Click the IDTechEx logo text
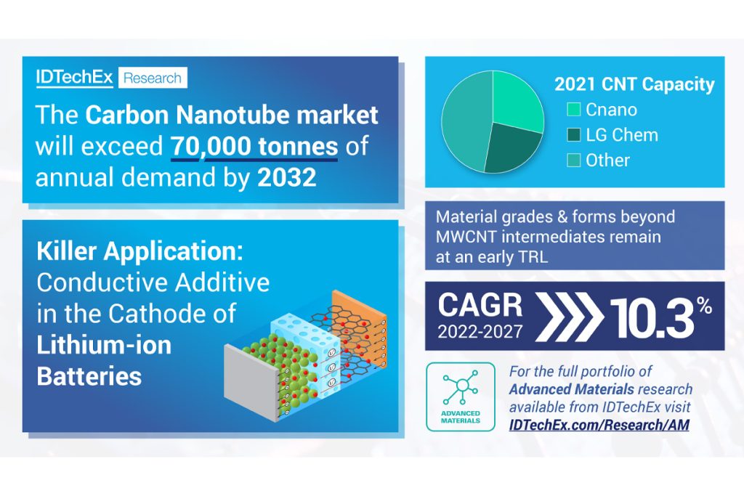tap(75, 77)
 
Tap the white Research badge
tap(153, 78)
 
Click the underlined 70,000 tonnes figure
tap(254, 146)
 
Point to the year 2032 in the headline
tap(287, 177)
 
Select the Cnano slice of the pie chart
tap(516, 99)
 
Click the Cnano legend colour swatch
tap(574, 110)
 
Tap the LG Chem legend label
tap(622, 135)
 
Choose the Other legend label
tap(607, 160)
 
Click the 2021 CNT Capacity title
tap(634, 84)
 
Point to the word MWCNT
tap(466, 237)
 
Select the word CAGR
tap(480, 305)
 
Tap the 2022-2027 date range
tap(480, 331)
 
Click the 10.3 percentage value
tap(660, 317)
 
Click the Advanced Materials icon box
tap(460, 397)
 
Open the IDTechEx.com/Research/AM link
tap(599, 424)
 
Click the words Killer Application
tap(139, 251)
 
